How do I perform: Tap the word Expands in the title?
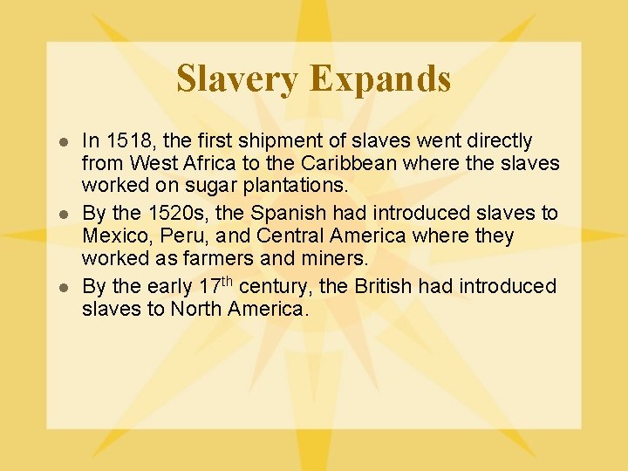[x=379, y=78]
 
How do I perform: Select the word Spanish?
[x=280, y=214]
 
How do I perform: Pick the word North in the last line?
[x=197, y=308]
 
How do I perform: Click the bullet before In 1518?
[x=62, y=142]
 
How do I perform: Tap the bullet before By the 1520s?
[x=62, y=215]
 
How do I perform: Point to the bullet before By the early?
[x=62, y=287]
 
